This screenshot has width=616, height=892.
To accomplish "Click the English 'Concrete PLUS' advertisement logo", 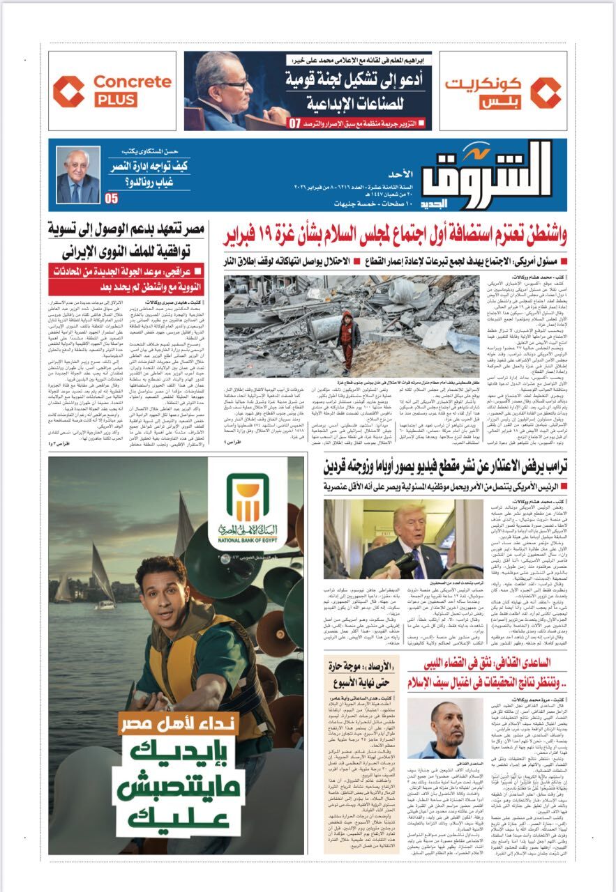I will [x=113, y=91].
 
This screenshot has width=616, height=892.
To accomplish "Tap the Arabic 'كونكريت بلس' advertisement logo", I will [x=502, y=91].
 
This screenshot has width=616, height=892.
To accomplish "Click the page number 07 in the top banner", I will [x=294, y=123].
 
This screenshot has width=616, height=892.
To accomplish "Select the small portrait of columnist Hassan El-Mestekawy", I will [x=78, y=176].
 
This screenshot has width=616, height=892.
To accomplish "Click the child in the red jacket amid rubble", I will [x=345, y=338].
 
